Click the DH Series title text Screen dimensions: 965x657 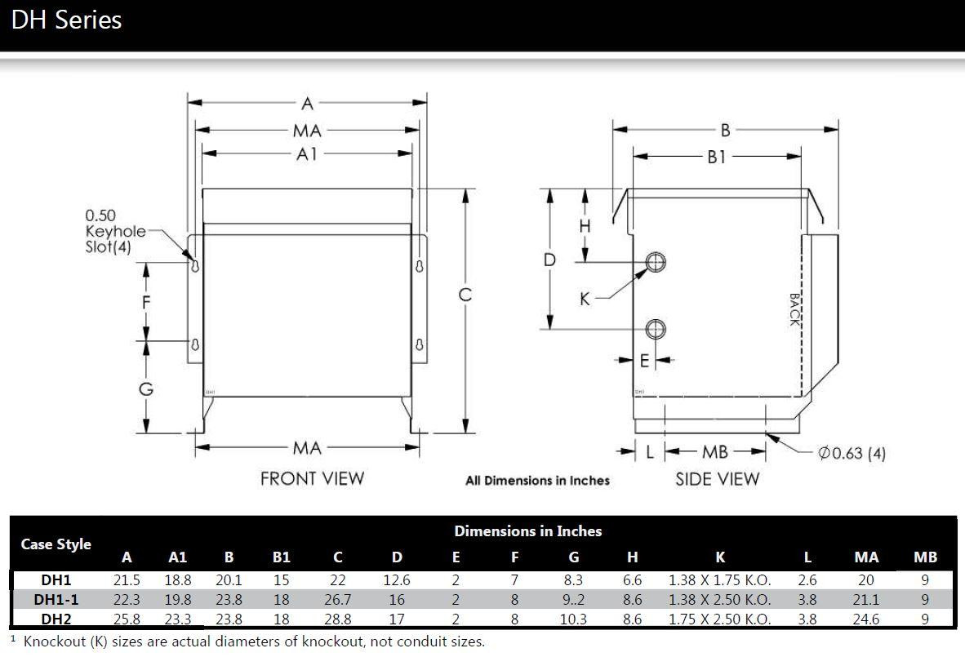[66, 20]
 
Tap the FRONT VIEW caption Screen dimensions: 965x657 [312, 478]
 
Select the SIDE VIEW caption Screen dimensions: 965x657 [717, 479]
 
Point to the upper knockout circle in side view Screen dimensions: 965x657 [656, 262]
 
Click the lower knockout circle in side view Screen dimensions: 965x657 [656, 329]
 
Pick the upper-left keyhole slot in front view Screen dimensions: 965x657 [195, 266]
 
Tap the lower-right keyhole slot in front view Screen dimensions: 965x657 [419, 344]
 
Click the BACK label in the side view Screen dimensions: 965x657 [794, 309]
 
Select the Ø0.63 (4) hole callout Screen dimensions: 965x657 [852, 454]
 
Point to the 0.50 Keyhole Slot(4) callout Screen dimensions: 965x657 [115, 231]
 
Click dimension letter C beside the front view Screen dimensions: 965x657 [465, 295]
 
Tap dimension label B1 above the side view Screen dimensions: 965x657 [716, 158]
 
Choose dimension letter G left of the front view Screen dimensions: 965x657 [146, 388]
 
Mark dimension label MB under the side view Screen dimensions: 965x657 [715, 452]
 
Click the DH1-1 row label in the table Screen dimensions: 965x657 [56, 600]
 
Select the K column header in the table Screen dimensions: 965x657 [720, 557]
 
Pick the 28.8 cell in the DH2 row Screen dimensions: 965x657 [337, 619]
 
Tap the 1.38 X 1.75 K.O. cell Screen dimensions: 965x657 [719, 580]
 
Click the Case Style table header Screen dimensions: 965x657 [56, 544]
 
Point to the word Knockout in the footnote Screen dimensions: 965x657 [55, 641]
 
